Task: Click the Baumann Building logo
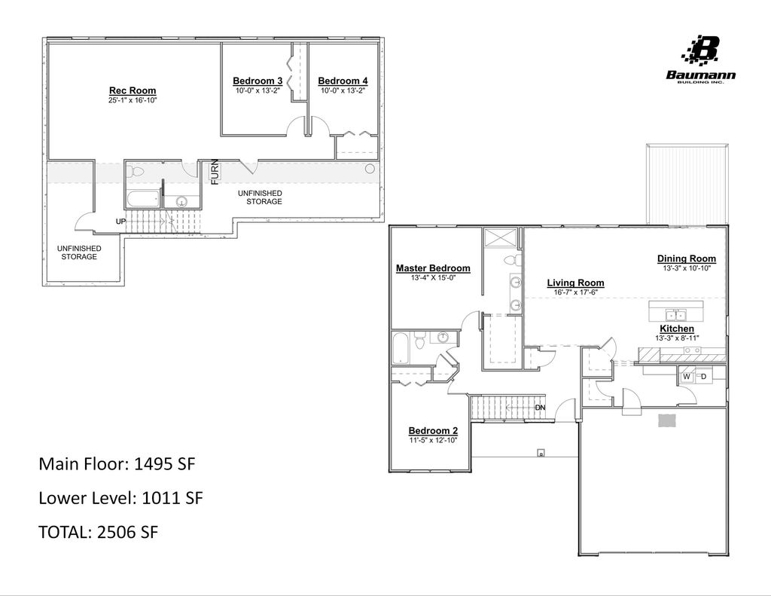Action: pyautogui.click(x=700, y=59)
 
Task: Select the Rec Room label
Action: pyautogui.click(x=133, y=91)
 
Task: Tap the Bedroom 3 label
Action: pyautogui.click(x=258, y=81)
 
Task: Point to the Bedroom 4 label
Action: pyautogui.click(x=343, y=81)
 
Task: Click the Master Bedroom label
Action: pyautogui.click(x=433, y=268)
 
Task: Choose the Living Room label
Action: pyautogui.click(x=575, y=283)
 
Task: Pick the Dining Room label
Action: pyautogui.click(x=686, y=258)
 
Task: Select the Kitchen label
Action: pyautogui.click(x=677, y=329)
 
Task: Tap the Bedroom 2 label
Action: pyautogui.click(x=433, y=431)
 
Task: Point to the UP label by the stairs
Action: pyautogui.click(x=120, y=222)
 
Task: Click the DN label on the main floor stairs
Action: pyautogui.click(x=540, y=408)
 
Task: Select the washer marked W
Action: pyautogui.click(x=687, y=376)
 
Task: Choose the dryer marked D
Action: pyautogui.click(x=704, y=376)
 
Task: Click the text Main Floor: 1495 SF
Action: pyautogui.click(x=117, y=464)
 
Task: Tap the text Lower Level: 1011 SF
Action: pyautogui.click(x=120, y=498)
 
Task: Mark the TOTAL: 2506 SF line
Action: pyautogui.click(x=98, y=532)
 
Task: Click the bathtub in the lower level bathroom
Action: pyautogui.click(x=143, y=200)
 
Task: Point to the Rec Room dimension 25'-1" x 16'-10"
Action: pyautogui.click(x=133, y=100)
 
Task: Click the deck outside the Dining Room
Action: pyautogui.click(x=687, y=184)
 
